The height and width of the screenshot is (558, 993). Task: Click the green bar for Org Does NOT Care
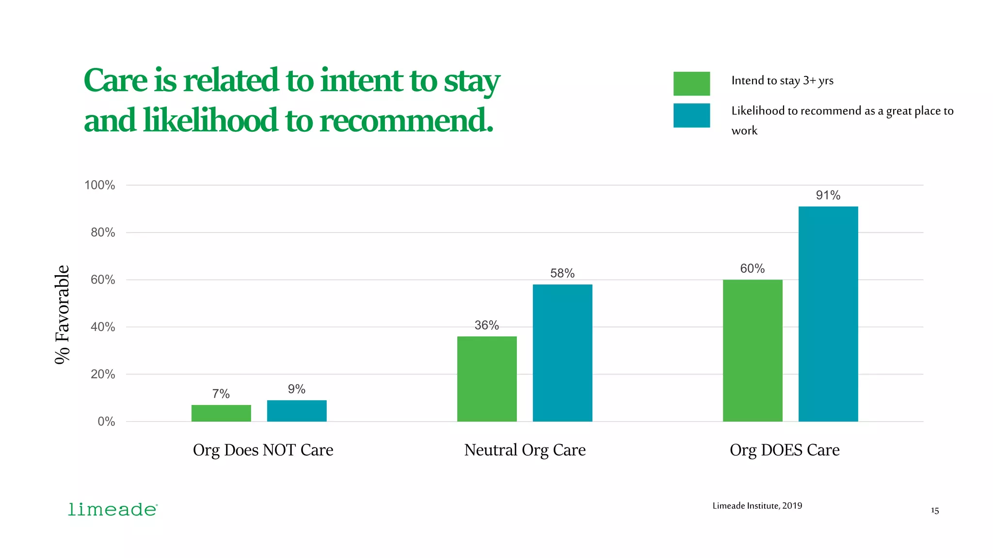221,413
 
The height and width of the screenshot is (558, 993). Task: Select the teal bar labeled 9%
297,411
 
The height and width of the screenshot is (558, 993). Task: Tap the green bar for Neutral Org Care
487,379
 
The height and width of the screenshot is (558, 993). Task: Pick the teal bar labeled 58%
562,353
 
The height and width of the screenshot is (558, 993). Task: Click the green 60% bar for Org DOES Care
753,350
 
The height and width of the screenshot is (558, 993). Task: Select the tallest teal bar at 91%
828,314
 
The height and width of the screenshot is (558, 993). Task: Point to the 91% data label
828,195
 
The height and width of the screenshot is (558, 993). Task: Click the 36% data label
487,325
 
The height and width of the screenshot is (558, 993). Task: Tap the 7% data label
221,394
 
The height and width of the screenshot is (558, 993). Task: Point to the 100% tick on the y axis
100,185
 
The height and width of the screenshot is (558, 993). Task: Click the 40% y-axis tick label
103,327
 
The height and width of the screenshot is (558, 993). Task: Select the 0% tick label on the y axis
106,421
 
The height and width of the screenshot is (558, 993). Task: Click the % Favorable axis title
62,314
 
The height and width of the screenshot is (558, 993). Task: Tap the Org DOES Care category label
785,450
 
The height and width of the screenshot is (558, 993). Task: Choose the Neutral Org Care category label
525,450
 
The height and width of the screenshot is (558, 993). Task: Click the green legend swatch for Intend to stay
691,83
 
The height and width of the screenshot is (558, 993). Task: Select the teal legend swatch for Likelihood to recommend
691,115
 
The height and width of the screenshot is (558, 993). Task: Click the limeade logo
112,510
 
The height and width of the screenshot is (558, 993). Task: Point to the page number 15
935,511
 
